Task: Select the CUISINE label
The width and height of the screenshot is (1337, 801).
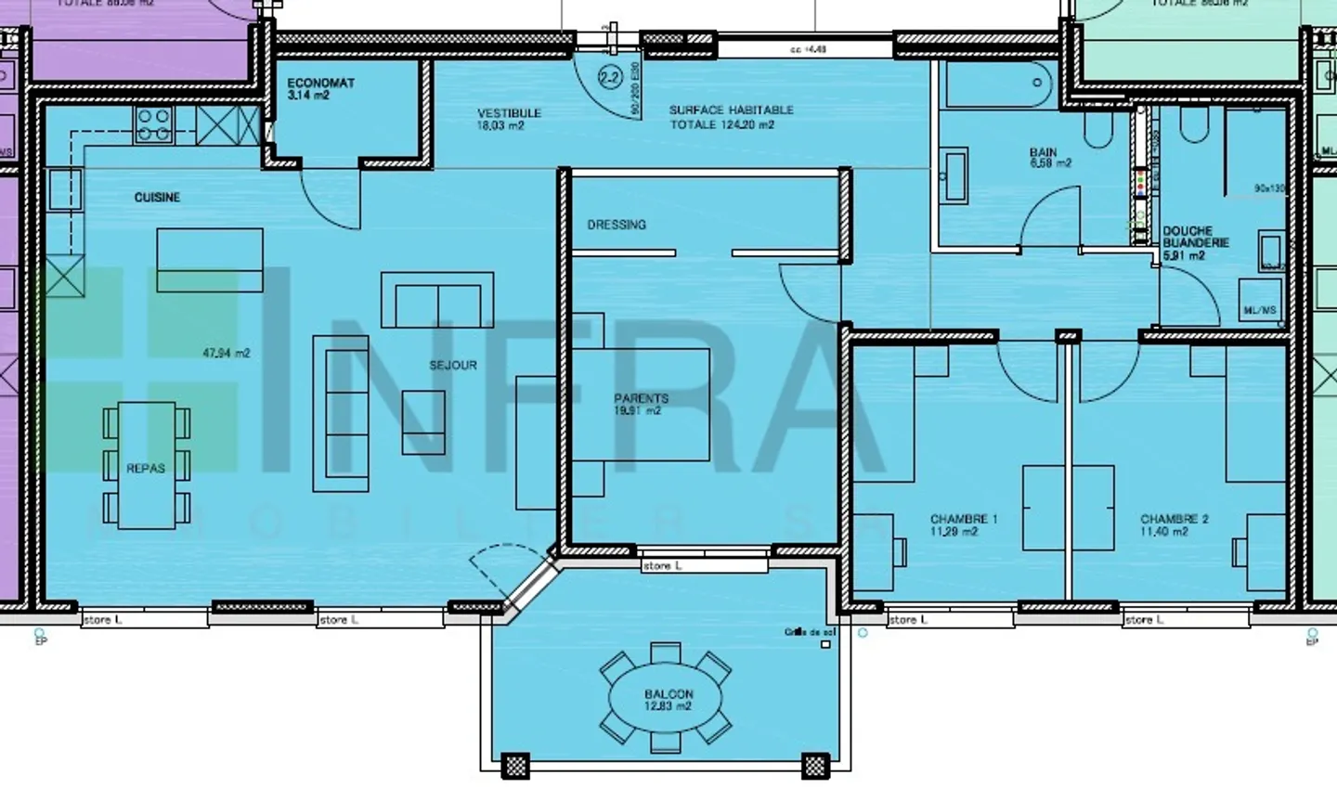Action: click(157, 198)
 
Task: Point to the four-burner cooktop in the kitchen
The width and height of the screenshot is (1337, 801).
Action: click(154, 125)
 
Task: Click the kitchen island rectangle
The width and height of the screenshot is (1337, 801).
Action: click(210, 260)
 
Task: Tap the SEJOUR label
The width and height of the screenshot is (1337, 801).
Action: click(453, 366)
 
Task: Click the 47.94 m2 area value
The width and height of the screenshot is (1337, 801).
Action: click(227, 354)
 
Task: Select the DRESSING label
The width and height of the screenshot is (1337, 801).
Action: click(617, 225)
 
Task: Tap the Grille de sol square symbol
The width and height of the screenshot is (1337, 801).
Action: click(826, 644)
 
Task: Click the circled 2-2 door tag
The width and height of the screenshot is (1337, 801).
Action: click(610, 78)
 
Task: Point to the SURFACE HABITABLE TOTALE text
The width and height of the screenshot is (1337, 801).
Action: click(731, 117)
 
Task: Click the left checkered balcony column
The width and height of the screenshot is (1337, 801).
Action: click(515, 766)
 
